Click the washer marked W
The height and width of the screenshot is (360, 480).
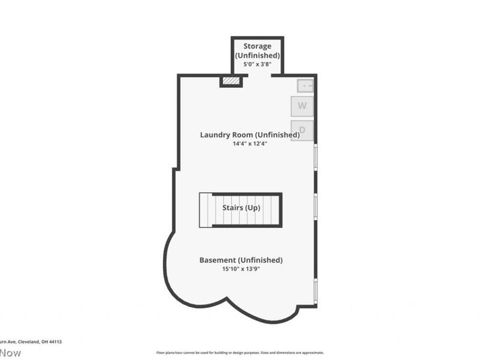302,106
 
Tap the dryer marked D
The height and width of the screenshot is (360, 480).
302,130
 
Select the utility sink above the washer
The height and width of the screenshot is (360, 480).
305,86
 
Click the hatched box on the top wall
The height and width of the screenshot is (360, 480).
231,80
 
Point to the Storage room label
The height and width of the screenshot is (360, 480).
257,46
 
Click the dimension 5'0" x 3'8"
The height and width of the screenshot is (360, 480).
257,65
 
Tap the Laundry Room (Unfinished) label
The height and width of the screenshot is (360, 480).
250,134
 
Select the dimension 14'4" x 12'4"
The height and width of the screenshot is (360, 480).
250,144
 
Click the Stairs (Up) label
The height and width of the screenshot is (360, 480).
241,208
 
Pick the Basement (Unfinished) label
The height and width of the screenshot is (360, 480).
241,260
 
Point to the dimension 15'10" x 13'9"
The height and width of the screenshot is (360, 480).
241,269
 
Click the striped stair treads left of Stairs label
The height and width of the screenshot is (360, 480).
206,209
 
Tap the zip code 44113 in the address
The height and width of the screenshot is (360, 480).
55,341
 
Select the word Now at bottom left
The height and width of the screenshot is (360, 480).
10,353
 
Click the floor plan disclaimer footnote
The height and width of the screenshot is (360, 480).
240,353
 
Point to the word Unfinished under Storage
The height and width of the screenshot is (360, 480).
257,55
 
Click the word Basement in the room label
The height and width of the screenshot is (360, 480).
217,260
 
